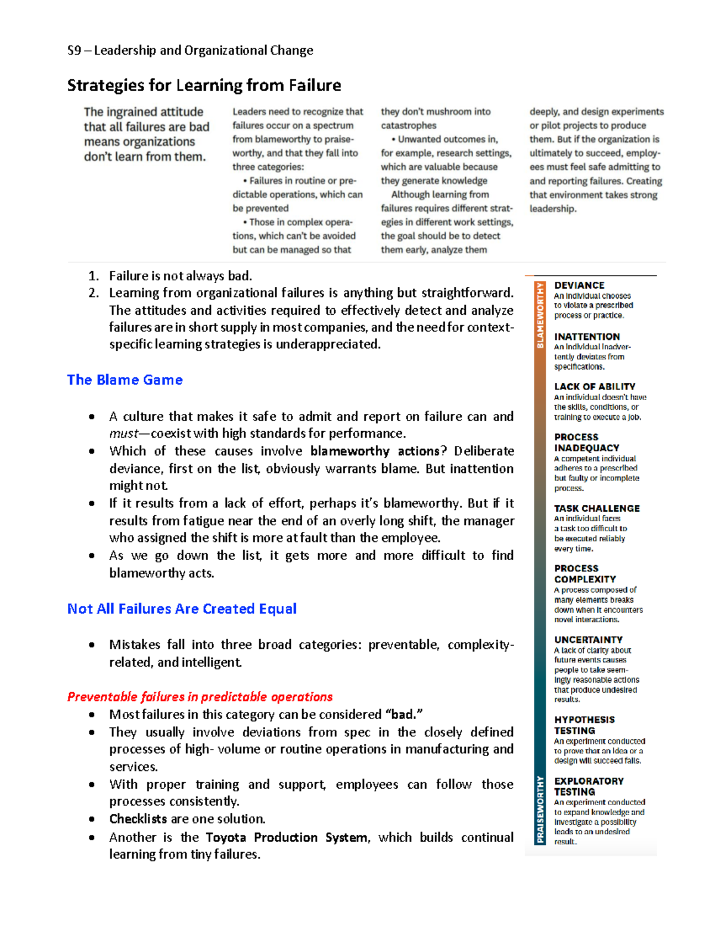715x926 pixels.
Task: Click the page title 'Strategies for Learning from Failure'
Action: (204, 85)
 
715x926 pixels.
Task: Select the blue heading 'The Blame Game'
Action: (125, 380)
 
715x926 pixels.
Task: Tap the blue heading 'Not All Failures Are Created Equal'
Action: (182, 609)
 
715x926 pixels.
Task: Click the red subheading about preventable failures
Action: (200, 696)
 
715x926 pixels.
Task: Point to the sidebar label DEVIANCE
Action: (579, 286)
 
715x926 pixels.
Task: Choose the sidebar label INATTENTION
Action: (586, 337)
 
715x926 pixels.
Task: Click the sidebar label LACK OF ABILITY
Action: (594, 386)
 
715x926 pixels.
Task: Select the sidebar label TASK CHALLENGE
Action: (596, 509)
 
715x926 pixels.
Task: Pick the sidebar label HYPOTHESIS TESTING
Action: (584, 725)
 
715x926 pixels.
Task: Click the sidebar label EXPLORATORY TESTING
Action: (588, 786)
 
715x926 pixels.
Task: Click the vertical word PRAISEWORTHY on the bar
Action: (540, 809)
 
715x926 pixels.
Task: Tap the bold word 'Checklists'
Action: (138, 819)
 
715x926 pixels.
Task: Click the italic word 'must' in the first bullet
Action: (123, 433)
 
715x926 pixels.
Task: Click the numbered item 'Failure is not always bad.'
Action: (180, 275)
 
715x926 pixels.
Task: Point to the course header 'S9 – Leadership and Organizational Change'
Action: (190, 51)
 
